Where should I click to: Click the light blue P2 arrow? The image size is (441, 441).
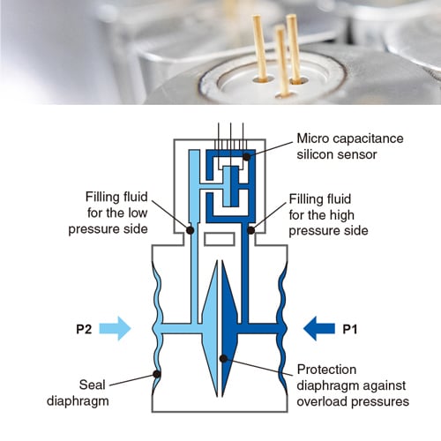click(115, 328)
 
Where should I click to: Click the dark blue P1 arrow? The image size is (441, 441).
click(319, 328)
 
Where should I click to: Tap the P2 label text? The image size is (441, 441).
click(84, 329)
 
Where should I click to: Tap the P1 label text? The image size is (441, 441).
click(350, 329)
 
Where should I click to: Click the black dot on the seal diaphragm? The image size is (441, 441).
click(157, 374)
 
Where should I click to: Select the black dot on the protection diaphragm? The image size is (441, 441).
click(223, 358)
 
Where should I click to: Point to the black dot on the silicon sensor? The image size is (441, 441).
click(247, 157)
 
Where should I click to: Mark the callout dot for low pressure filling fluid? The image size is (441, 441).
click(190, 230)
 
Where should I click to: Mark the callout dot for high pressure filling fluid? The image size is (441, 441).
click(250, 230)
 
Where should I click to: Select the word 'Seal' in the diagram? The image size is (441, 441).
click(92, 385)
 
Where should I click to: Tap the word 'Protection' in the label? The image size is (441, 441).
click(326, 370)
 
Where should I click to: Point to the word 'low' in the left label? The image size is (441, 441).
click(138, 213)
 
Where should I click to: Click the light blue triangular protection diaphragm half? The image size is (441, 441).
click(211, 328)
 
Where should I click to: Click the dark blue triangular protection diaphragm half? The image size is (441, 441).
click(229, 328)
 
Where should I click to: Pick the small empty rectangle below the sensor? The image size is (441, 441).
click(220, 239)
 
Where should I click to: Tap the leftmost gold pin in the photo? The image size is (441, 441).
click(260, 48)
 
